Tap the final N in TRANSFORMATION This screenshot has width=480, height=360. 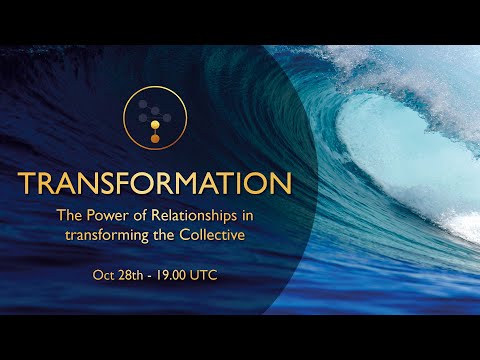(x=281, y=185)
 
